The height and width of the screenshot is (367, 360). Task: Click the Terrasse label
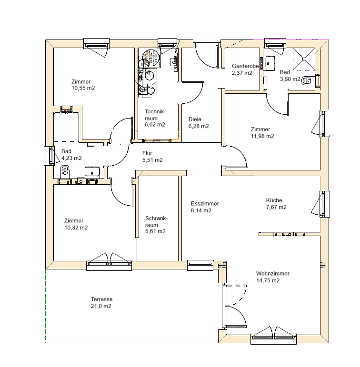tap(101, 299)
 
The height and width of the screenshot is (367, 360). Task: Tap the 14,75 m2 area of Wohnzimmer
tap(268, 281)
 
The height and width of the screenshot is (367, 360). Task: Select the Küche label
tap(275, 200)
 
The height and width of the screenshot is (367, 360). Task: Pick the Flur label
tap(147, 153)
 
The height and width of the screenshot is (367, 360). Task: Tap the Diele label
tap(195, 119)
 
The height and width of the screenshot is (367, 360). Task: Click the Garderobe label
tap(245, 66)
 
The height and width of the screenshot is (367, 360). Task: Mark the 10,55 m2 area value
tap(83, 88)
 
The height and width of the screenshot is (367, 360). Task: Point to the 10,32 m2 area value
tap(76, 228)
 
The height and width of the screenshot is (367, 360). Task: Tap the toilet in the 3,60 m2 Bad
tap(308, 80)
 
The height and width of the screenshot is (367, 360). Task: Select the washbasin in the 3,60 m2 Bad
tap(271, 61)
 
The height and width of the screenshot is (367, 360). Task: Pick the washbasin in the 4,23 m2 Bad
tap(92, 171)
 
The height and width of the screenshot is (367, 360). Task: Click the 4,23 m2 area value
tap(71, 158)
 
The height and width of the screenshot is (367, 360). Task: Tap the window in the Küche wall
tap(325, 203)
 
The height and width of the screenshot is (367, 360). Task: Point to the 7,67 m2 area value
tap(276, 207)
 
